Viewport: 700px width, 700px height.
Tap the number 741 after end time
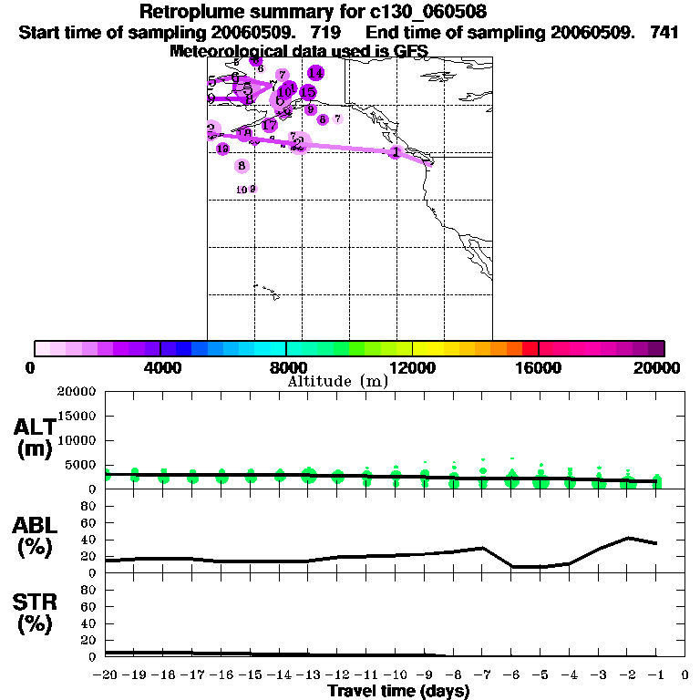click(x=663, y=32)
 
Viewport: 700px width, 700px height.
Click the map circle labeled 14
click(x=315, y=73)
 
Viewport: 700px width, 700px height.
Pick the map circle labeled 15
click(x=308, y=92)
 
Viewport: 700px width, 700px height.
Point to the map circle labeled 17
click(x=270, y=125)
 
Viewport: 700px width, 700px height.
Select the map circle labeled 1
click(x=395, y=152)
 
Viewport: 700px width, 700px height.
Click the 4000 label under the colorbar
click(x=160, y=368)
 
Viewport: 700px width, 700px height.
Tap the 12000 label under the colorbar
click(x=413, y=368)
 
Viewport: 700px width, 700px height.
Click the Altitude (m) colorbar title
click(x=338, y=381)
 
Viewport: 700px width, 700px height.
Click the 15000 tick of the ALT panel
click(x=80, y=416)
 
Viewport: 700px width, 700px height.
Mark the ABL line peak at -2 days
click(x=627, y=538)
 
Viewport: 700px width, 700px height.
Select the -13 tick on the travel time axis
click(x=308, y=675)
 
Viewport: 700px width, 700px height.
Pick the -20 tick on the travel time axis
click(x=106, y=675)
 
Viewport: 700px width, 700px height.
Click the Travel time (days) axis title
click(x=398, y=692)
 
